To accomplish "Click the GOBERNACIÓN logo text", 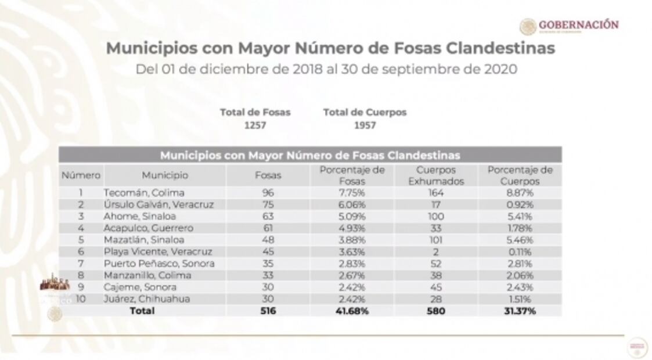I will coord(578,25).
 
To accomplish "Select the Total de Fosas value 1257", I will coord(255,125).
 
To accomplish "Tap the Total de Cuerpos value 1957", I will coord(365,125).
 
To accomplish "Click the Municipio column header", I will coord(165,175).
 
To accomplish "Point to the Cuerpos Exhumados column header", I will coord(435,175).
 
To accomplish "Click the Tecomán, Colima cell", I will coord(144,193).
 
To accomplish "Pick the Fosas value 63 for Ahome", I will coord(268,216).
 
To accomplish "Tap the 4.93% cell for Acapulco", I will coord(352,228).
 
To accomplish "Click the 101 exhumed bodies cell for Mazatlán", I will coord(435,240).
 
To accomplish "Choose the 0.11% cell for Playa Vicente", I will coord(520,251).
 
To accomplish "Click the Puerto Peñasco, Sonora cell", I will coord(159,264).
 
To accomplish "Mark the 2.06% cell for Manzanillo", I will coord(520,275).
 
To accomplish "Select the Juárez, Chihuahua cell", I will coord(147,299).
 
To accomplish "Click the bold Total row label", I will coord(142,311).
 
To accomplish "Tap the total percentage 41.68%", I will coord(352,311).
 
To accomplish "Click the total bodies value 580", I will coord(435,311).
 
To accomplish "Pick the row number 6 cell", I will coord(81,251).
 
